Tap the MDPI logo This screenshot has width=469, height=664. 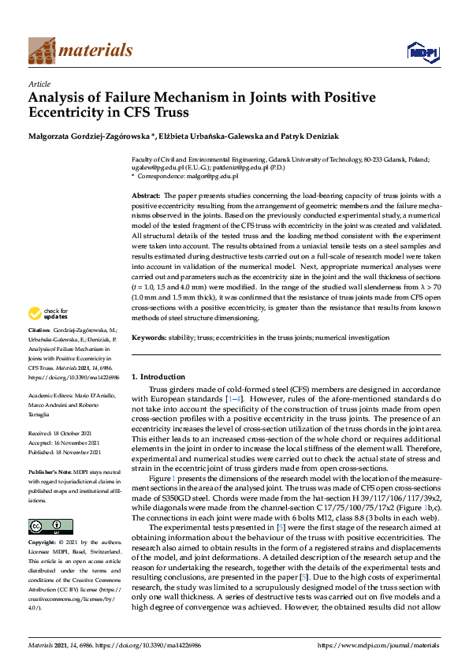[422, 52]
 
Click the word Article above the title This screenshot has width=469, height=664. [39, 83]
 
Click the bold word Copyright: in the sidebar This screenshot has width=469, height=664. [43, 543]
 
